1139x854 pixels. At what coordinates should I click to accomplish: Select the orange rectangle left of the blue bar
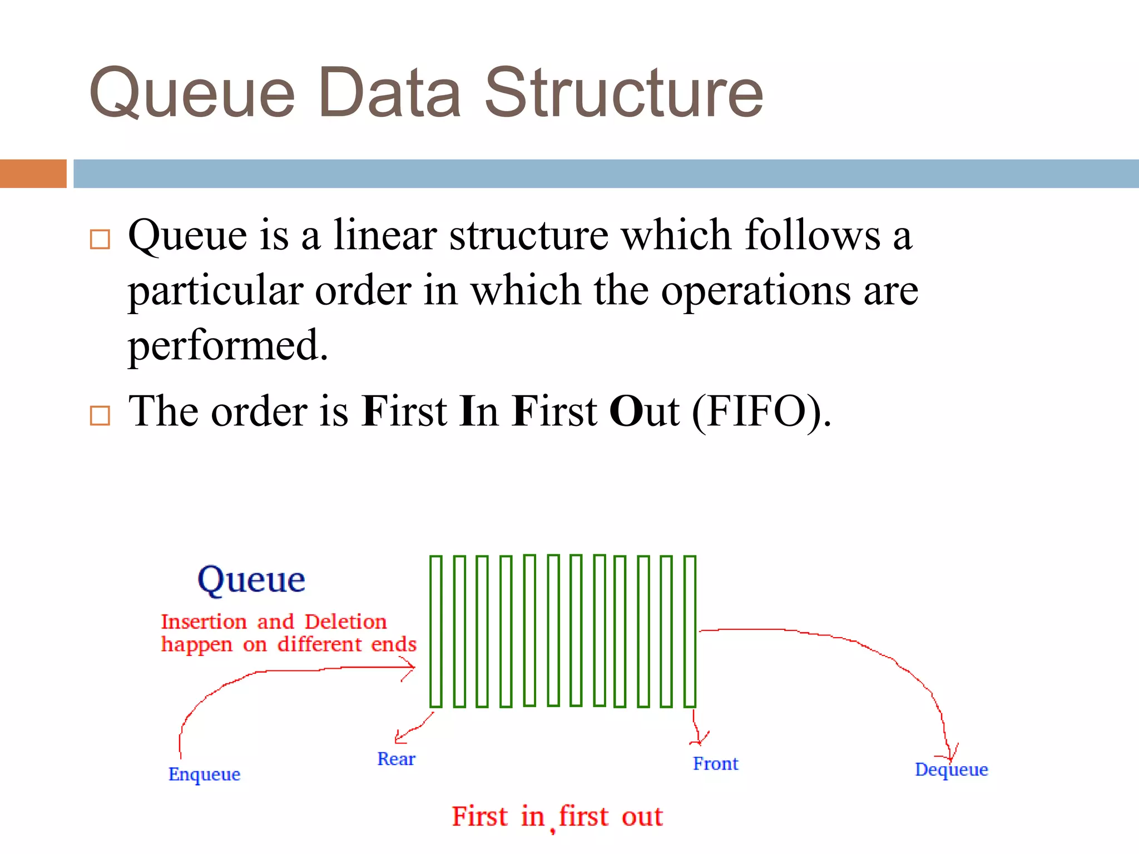pos(33,173)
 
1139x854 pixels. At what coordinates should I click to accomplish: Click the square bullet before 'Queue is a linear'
pos(100,240)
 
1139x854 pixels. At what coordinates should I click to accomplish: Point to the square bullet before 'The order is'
pos(100,415)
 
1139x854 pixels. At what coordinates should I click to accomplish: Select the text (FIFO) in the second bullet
pos(761,412)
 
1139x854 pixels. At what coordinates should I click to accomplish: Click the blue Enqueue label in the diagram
pos(204,774)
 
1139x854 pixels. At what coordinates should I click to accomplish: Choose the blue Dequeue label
pos(951,769)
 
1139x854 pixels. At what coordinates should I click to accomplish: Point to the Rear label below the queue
pos(396,759)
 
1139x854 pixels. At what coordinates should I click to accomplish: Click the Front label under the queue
pos(715,764)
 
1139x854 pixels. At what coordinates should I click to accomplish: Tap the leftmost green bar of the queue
pos(435,631)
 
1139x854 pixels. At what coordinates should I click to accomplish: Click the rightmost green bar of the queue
pos(690,631)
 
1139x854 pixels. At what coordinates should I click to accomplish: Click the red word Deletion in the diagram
pos(345,622)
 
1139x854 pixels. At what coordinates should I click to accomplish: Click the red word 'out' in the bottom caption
pos(642,817)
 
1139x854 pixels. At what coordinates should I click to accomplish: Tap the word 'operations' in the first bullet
pos(755,291)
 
